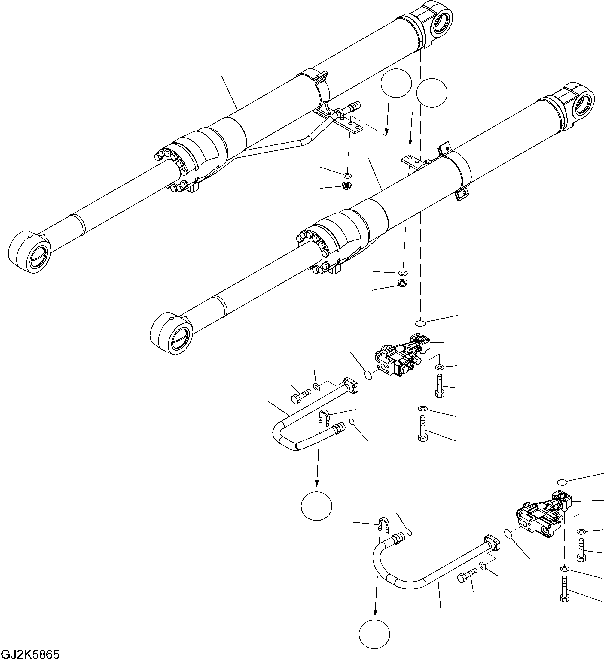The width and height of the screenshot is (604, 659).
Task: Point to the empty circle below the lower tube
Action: (x=374, y=633)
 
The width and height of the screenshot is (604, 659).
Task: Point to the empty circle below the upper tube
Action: (x=316, y=506)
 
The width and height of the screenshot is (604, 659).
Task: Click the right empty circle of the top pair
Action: (x=432, y=93)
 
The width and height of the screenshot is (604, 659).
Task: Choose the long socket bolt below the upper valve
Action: (x=422, y=428)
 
